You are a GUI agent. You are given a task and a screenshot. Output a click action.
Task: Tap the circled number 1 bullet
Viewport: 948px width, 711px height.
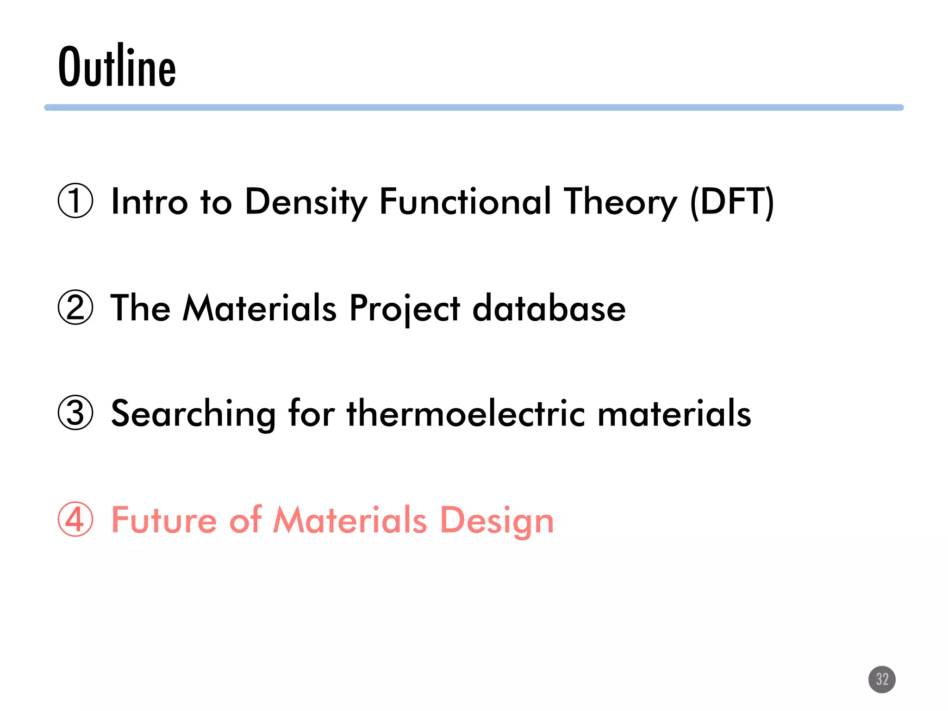(75, 201)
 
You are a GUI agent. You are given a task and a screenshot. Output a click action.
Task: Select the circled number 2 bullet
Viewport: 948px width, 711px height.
(75, 307)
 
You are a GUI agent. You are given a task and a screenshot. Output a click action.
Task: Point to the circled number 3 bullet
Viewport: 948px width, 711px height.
(75, 412)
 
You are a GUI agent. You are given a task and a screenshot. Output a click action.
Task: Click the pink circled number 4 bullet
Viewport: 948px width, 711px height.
(75, 519)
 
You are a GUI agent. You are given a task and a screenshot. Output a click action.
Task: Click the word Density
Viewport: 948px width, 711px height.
(306, 202)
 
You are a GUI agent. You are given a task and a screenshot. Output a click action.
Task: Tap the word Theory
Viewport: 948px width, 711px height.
(620, 202)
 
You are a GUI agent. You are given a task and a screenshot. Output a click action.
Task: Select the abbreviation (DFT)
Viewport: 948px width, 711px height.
(731, 202)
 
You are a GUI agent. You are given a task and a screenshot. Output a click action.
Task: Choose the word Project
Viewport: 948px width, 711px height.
(405, 308)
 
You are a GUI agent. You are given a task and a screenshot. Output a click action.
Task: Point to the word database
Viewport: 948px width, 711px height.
(549, 308)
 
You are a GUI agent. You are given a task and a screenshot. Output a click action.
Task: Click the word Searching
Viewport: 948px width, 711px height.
(193, 413)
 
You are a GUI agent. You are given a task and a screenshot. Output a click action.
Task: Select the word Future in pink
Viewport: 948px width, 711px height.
(164, 519)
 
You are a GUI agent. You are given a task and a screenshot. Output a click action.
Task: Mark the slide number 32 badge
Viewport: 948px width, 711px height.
(882, 679)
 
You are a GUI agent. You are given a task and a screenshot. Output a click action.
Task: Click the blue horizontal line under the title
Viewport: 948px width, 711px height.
(474, 107)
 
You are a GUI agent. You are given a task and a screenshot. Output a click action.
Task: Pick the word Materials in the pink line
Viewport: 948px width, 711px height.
(350, 519)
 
